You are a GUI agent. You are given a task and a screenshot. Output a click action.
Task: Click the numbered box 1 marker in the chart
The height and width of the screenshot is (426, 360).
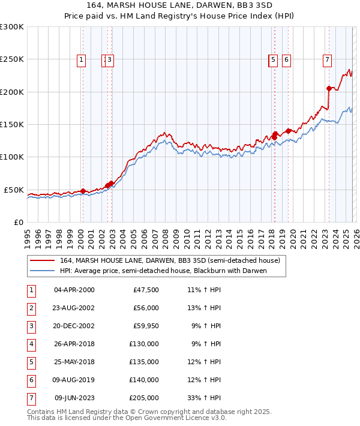(x=81, y=59)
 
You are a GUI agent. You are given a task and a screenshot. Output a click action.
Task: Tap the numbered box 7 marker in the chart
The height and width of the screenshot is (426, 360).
(x=327, y=59)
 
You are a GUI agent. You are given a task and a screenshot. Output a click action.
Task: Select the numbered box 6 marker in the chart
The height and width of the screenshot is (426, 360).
(x=286, y=59)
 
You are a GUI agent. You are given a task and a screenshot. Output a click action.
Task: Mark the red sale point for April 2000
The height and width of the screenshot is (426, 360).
(x=83, y=191)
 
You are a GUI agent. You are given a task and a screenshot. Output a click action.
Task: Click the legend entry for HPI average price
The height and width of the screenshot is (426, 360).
(x=162, y=271)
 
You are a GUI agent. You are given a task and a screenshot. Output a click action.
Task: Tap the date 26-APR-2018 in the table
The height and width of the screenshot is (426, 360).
(x=74, y=344)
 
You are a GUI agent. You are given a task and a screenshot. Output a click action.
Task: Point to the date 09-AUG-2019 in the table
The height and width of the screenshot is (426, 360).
(x=74, y=379)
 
